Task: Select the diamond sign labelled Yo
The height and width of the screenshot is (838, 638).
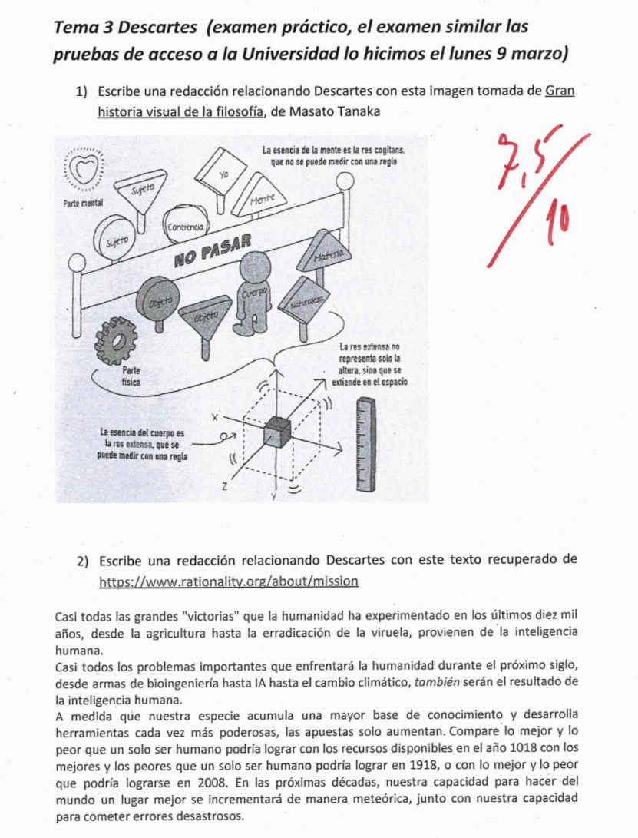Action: (222, 173)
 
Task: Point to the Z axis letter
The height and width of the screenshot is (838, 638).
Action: (224, 486)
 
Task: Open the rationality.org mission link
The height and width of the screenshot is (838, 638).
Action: (229, 581)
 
